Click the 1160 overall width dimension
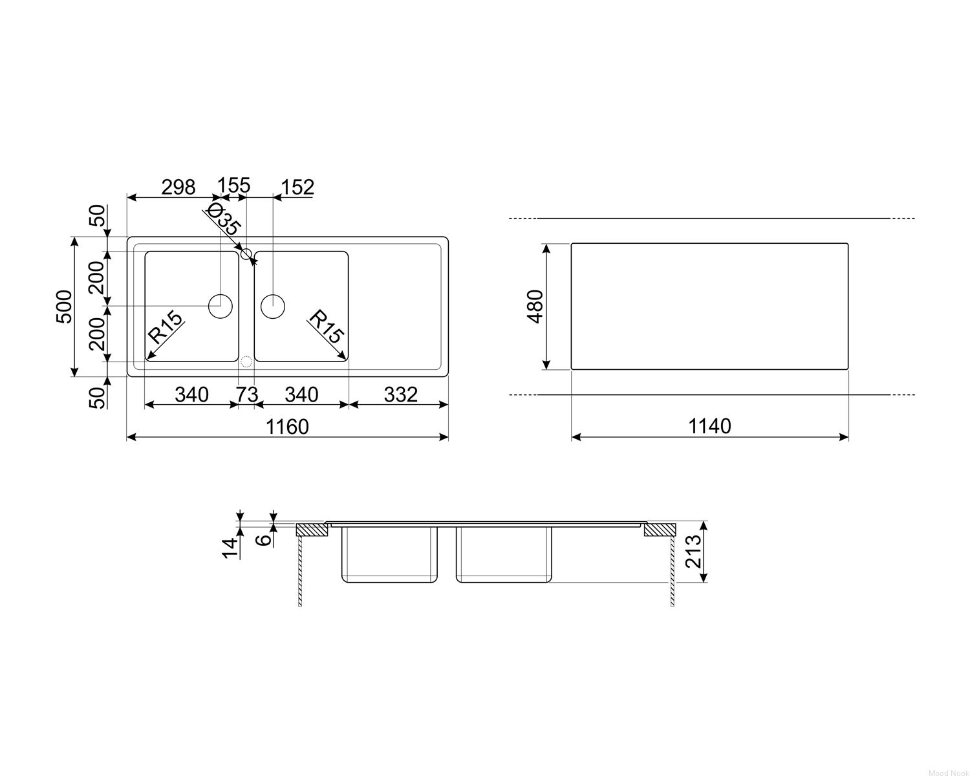pyautogui.click(x=287, y=427)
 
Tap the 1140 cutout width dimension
pyautogui.click(x=709, y=426)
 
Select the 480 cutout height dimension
pyautogui.click(x=535, y=307)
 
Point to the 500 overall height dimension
pyautogui.click(x=64, y=307)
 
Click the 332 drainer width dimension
pyautogui.click(x=401, y=395)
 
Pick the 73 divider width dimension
pyautogui.click(x=247, y=395)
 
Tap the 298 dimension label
pyautogui.click(x=178, y=187)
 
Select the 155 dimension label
pyautogui.click(x=233, y=186)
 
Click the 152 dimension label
pyautogui.click(x=297, y=187)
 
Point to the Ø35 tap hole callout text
pyautogui.click(x=222, y=219)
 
